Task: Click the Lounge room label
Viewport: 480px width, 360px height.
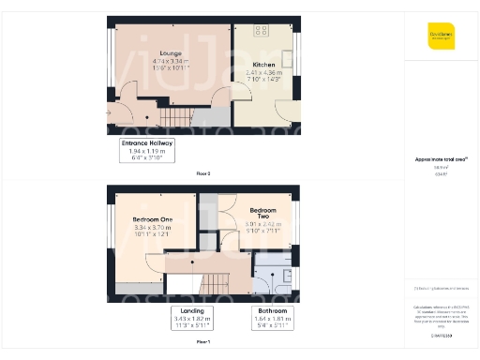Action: pyautogui.click(x=170, y=53)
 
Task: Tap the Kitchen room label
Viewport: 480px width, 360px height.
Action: pyautogui.click(x=262, y=64)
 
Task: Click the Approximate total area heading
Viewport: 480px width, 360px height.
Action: pyautogui.click(x=441, y=159)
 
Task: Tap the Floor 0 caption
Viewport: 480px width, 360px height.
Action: pyautogui.click(x=203, y=173)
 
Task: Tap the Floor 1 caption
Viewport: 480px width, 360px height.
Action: pyautogui.click(x=203, y=342)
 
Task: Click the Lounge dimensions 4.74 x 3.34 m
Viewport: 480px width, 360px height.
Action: pyautogui.click(x=170, y=61)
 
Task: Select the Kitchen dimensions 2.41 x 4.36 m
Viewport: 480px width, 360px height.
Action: pyautogui.click(x=262, y=71)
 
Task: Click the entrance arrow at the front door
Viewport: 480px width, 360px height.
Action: pyautogui.click(x=111, y=114)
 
